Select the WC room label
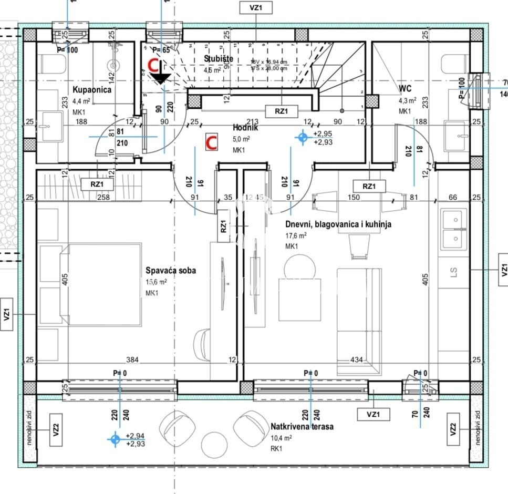[405, 88]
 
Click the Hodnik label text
[243, 128]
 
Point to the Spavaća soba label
[171, 270]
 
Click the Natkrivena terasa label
[302, 427]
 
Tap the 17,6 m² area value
[296, 235]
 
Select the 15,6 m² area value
[157, 282]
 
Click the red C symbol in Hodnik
[211, 142]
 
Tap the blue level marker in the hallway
[302, 137]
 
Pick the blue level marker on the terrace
[115, 439]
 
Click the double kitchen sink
[454, 227]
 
